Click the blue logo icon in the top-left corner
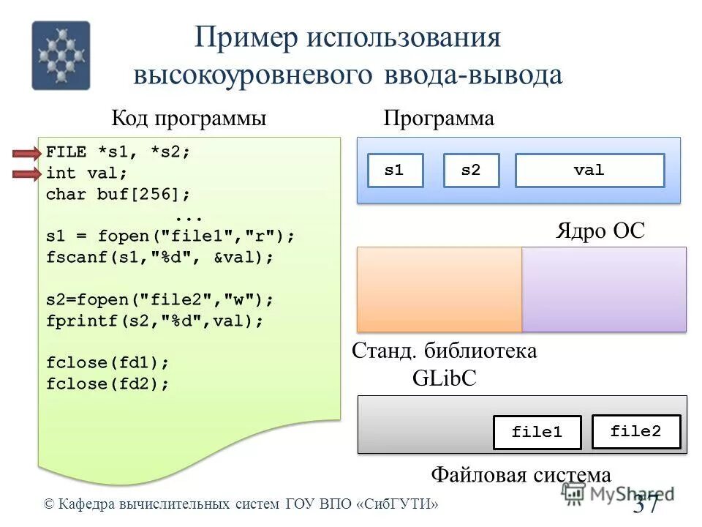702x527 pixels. (61, 56)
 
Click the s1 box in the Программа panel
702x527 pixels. (394, 171)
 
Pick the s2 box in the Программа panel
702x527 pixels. (471, 171)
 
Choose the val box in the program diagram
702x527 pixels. (589, 171)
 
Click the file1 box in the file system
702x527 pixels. (537, 432)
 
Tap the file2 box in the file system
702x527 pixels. (635, 431)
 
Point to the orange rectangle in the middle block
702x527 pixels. (439, 289)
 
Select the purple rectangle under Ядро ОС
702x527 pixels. (604, 289)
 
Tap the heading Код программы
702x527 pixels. (188, 119)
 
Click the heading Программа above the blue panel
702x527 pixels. (439, 119)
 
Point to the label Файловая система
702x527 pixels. (520, 475)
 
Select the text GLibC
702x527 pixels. (445, 377)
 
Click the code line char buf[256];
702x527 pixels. (118, 195)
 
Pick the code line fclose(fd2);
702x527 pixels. (107, 384)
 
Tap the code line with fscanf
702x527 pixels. (159, 258)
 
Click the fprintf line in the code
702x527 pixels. (154, 321)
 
